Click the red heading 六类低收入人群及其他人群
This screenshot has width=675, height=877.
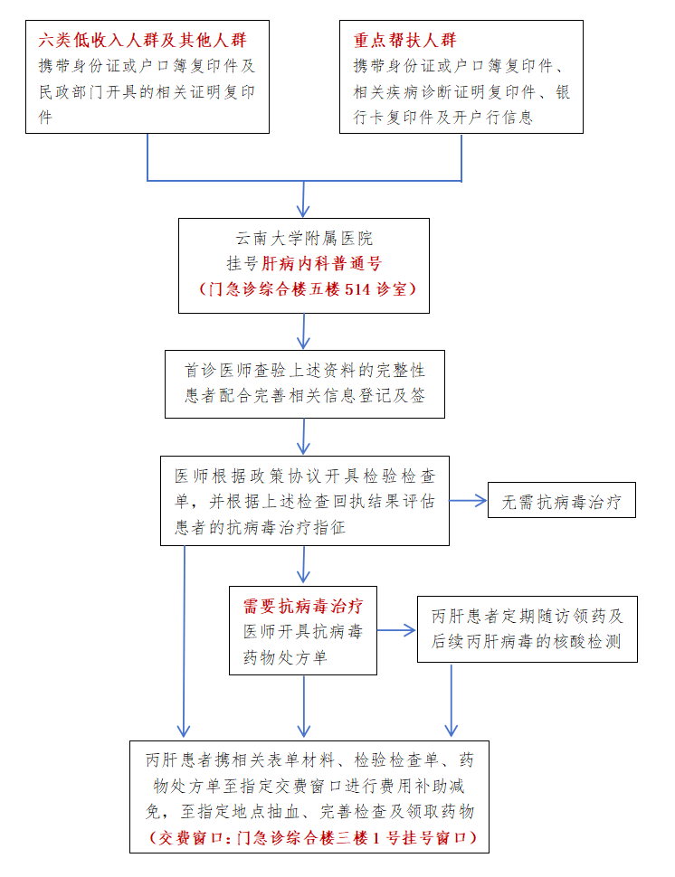(142, 41)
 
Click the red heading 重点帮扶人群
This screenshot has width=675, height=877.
(404, 41)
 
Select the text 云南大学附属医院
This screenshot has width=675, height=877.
(304, 240)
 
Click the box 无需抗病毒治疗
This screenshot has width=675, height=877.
(561, 502)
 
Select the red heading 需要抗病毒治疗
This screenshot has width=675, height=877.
(303, 605)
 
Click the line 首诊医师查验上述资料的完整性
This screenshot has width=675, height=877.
(305, 371)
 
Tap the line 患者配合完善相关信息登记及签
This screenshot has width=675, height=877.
(305, 396)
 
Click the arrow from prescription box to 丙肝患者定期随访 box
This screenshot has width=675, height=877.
(396, 630)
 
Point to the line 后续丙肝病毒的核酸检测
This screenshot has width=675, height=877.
(527, 643)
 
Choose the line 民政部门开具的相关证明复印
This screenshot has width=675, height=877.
(146, 92)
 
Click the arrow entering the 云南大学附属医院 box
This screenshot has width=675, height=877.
(304, 199)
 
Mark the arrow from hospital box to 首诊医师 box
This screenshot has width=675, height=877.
(304, 332)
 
